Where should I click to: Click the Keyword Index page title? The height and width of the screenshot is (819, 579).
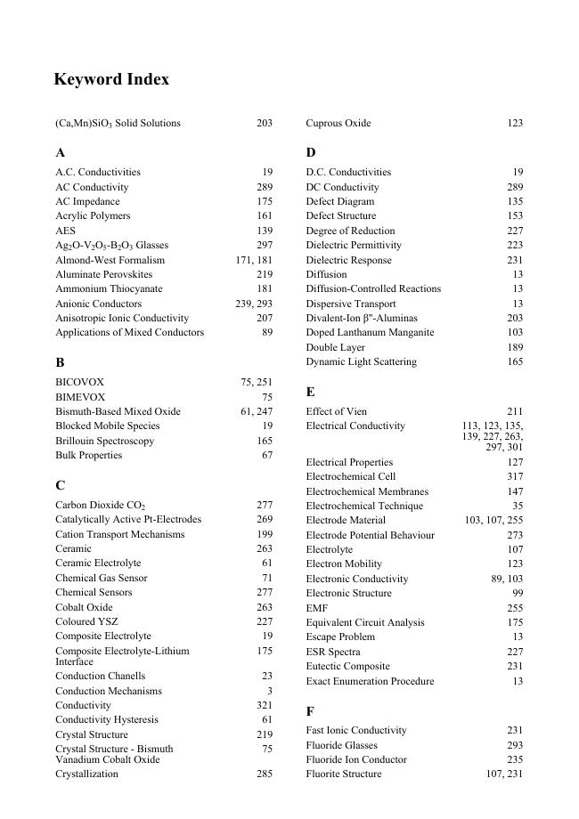(111, 79)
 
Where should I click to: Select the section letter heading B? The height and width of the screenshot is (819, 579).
(60, 362)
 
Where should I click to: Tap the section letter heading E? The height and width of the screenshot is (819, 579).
(310, 392)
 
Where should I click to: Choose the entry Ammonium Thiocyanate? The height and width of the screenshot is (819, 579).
(109, 288)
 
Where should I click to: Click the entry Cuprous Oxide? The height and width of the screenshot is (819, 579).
(338, 123)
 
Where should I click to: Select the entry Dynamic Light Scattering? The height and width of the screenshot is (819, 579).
(361, 361)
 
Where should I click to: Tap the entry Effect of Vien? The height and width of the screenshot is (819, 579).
(338, 411)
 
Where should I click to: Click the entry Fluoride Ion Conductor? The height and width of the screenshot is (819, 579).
(356, 759)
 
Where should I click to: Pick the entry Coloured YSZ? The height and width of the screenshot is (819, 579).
(86, 621)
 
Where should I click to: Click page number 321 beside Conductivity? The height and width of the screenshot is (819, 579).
(265, 705)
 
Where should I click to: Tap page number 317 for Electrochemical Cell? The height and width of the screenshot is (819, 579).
(515, 476)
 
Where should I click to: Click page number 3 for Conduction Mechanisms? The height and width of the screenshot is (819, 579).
(269, 691)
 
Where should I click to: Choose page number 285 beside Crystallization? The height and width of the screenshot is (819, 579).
(265, 774)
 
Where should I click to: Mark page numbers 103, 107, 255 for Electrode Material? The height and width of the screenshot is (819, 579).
(493, 520)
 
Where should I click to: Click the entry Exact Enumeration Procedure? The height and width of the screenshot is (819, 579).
(370, 681)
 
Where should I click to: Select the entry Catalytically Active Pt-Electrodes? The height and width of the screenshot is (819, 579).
(128, 519)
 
